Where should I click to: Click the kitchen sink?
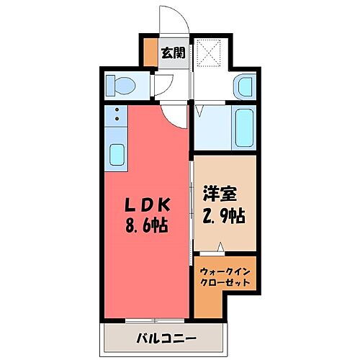point(116,153)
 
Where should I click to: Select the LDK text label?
point(146,204)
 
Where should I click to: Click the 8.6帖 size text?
point(146,225)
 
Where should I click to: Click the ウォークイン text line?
point(225,271)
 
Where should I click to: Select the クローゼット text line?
point(225,283)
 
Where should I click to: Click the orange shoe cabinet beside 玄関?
point(150,53)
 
